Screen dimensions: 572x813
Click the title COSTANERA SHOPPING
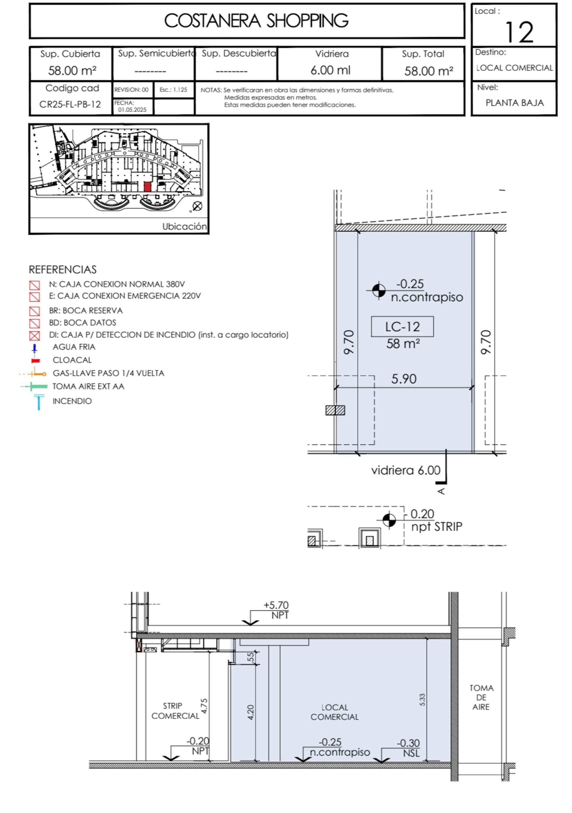[256, 21]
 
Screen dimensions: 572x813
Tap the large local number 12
[519, 32]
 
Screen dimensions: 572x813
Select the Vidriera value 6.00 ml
[330, 70]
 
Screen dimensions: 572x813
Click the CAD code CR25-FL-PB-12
[70, 105]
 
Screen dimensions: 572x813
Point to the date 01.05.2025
[132, 110]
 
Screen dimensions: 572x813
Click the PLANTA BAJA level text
[514, 103]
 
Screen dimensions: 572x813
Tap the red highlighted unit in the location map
[147, 187]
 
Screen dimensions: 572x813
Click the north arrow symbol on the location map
[197, 206]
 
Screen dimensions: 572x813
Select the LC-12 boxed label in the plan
[402, 326]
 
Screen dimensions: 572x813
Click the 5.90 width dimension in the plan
[404, 379]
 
